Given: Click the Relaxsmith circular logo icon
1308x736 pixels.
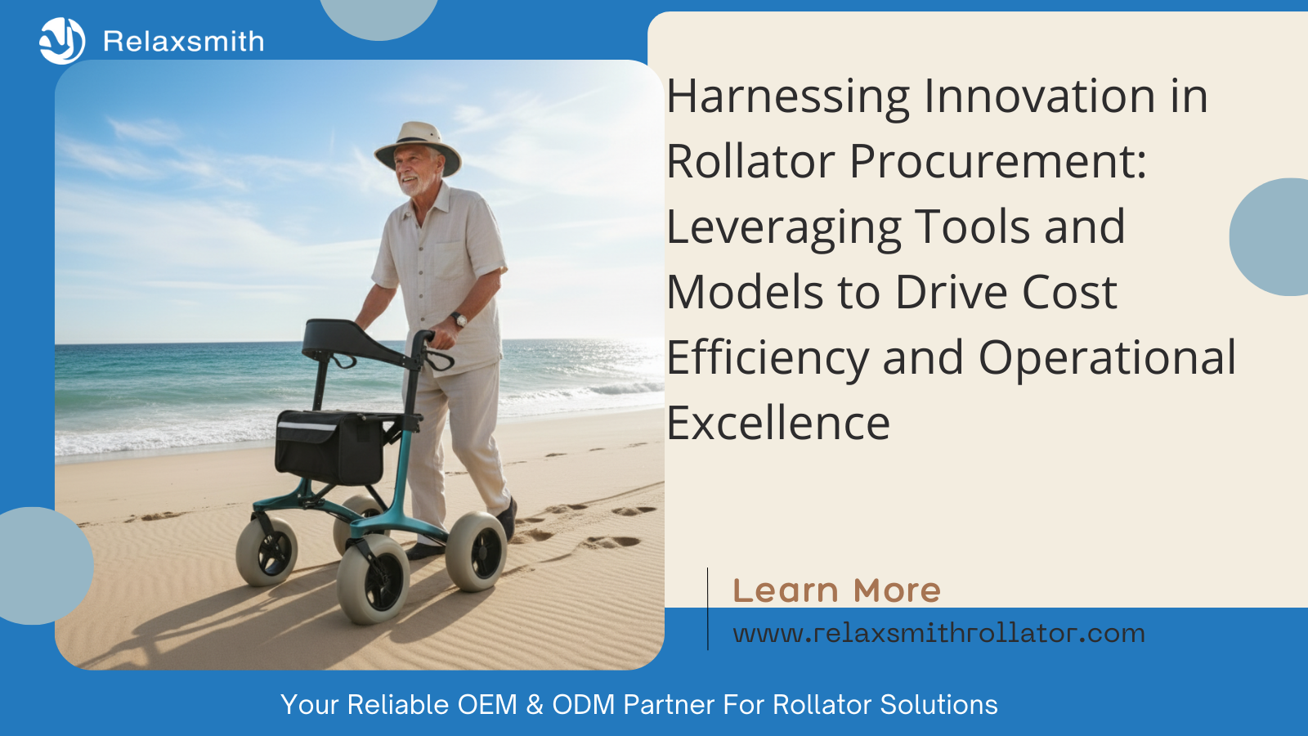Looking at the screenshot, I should pos(61,41).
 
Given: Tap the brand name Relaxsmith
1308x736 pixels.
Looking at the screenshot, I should pos(184,42).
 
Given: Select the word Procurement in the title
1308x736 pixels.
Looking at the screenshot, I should pos(997,162).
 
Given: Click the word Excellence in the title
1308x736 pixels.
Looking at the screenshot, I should pos(778,424).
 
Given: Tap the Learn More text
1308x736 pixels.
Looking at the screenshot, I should pos(836,590).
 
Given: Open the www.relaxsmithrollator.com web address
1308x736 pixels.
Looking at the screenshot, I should pos(938,634).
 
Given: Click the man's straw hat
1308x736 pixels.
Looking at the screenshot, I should pos(418,144).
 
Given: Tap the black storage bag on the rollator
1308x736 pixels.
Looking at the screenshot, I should pos(329,447).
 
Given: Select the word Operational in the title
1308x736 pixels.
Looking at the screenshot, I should pos(1107,358).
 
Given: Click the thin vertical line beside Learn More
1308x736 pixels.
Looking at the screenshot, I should pos(708,608).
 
